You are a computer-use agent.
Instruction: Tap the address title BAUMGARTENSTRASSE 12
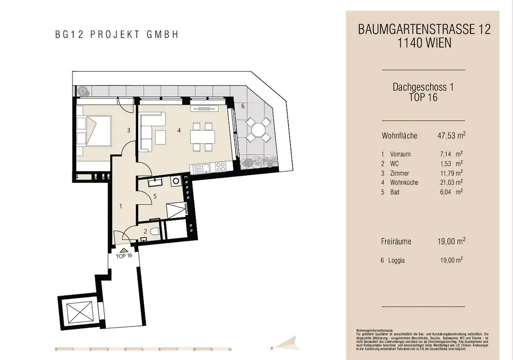pos(424,30)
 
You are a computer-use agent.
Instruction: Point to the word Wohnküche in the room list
pos(404,182)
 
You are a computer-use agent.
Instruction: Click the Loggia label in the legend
pos(396,260)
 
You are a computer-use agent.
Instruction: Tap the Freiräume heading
pos(396,241)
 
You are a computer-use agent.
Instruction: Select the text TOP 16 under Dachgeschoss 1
pos(423,98)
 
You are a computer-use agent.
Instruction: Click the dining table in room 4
pos(202,136)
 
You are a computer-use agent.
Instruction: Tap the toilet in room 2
pos(155,231)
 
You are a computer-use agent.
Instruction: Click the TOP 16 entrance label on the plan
pos(124,255)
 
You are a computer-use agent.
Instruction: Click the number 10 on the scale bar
pos(229,350)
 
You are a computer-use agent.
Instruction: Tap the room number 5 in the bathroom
pos(155,196)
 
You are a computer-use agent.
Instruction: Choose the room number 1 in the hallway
pos(121,206)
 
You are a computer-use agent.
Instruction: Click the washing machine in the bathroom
pos(176,182)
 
